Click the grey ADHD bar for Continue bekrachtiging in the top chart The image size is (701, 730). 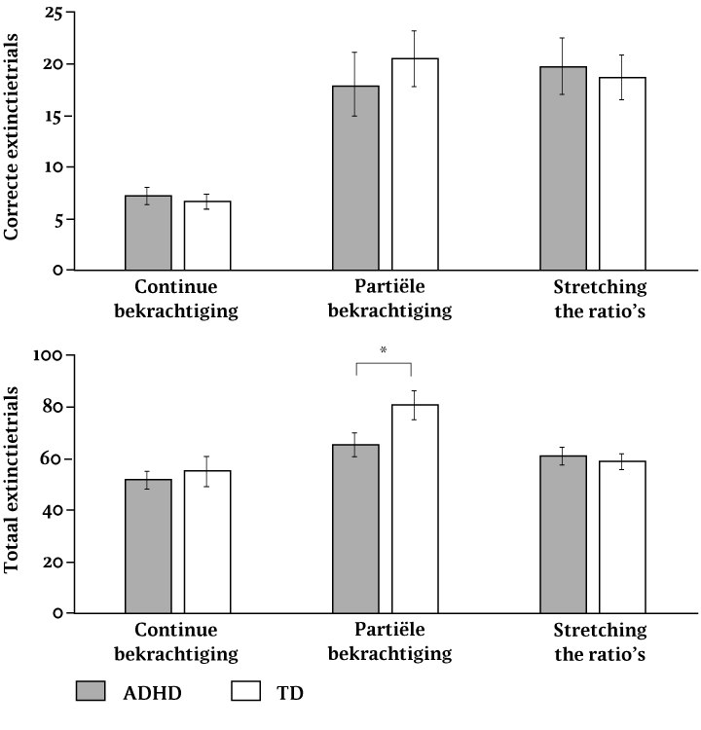148,234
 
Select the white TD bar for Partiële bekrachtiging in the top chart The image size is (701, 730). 415,165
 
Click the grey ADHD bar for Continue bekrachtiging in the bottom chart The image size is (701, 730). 148,546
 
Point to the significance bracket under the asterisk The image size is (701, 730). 385,364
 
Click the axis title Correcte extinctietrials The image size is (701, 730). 14,142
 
